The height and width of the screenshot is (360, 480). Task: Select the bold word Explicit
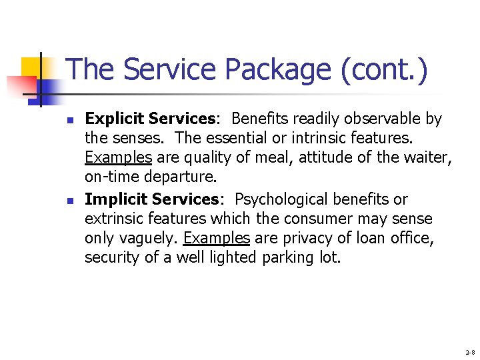(x=115, y=119)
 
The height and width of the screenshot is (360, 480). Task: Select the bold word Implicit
(x=116, y=199)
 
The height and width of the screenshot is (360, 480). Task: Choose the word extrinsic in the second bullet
(x=113, y=219)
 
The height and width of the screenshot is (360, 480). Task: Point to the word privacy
(x=297, y=238)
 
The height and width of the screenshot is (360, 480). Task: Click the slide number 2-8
(x=470, y=351)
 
